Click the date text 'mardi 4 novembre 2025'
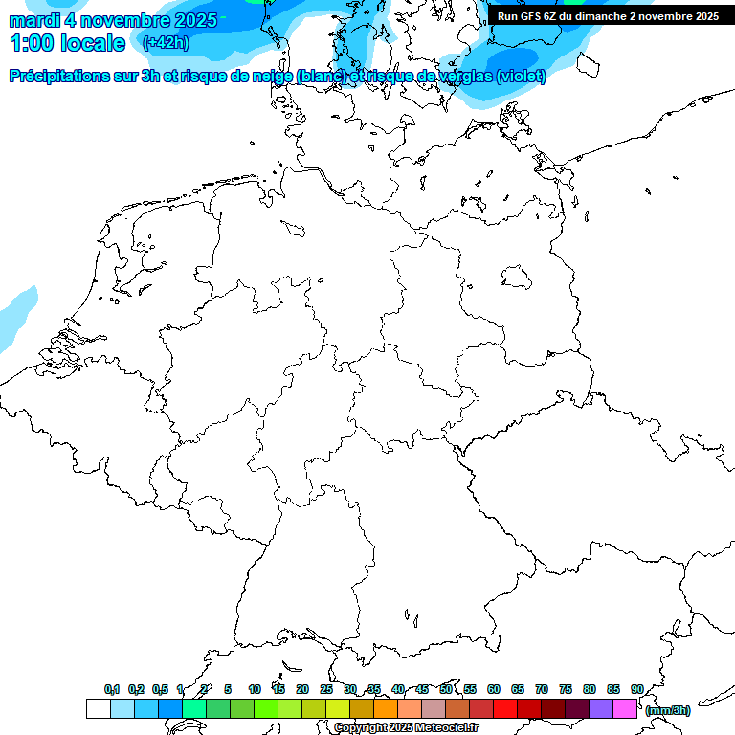(113, 20)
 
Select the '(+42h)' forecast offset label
(166, 43)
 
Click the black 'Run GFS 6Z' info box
(608, 16)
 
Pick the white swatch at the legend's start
(98, 708)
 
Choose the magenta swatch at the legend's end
(625, 708)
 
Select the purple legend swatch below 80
(601, 708)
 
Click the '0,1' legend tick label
(112, 689)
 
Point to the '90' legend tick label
(637, 689)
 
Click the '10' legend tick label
(255, 689)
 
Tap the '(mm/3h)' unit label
(668, 710)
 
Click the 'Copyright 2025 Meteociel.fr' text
(406, 727)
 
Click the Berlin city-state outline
(517, 277)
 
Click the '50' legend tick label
(446, 689)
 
